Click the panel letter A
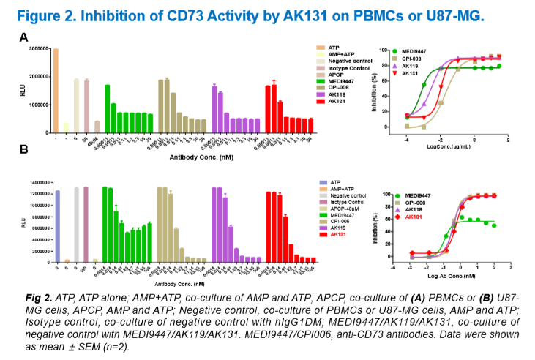(x=23, y=37)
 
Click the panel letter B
(x=23, y=149)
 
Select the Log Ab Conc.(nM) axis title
(x=452, y=277)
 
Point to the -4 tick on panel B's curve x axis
(x=394, y=266)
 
